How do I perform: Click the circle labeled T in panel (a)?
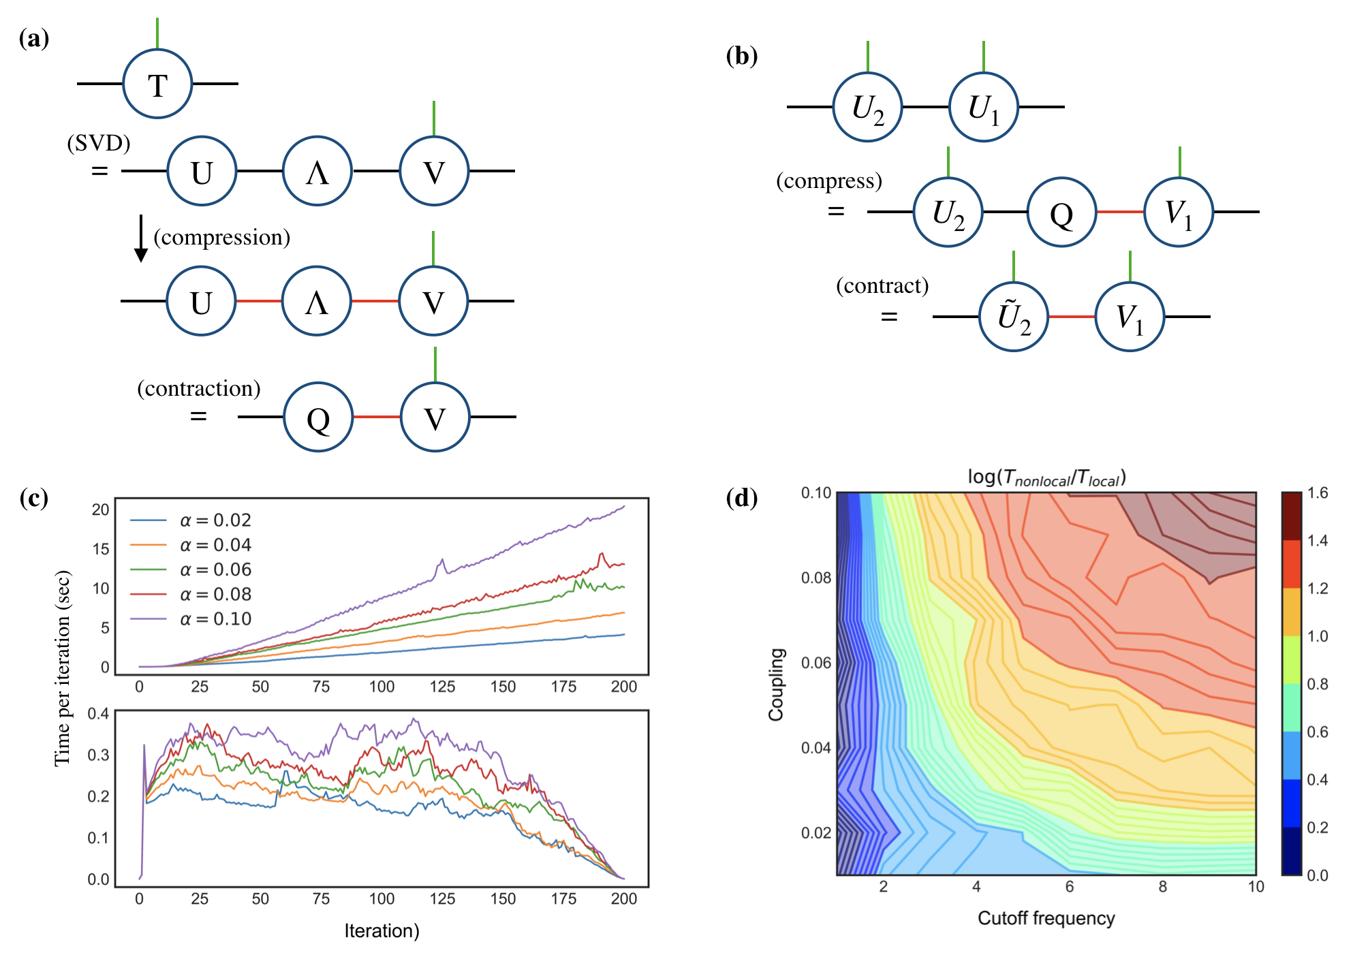point(157,84)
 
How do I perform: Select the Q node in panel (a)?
point(318,417)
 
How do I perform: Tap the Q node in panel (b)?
point(1061,212)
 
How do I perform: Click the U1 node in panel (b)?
point(983,107)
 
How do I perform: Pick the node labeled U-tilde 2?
point(1014,317)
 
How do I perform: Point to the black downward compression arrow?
point(141,239)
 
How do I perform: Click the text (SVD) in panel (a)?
point(99,143)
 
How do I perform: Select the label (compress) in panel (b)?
point(829,181)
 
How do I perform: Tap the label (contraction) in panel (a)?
point(199,388)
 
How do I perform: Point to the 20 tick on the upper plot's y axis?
point(101,510)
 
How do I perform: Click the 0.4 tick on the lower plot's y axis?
point(98,714)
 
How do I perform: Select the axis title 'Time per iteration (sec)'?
point(62,668)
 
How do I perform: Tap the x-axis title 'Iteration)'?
point(382,931)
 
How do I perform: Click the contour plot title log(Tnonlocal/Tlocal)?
point(1046,477)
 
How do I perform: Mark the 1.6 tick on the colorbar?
point(1318,493)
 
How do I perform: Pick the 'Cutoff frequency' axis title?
point(1046,918)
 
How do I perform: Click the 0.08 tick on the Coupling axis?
point(816,578)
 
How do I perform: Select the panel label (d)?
point(742,498)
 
